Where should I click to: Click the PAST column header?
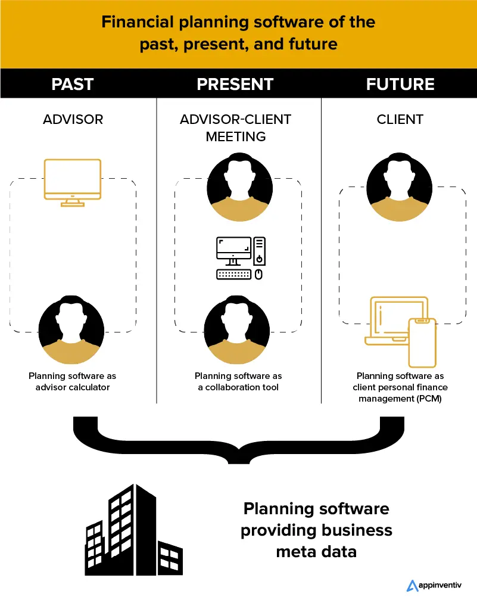[x=73, y=84]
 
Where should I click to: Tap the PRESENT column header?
[x=235, y=84]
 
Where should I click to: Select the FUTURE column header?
[x=400, y=84]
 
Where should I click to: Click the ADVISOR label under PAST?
[x=73, y=119]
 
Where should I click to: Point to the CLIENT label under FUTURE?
[x=400, y=119]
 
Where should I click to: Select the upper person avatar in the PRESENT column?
[x=239, y=186]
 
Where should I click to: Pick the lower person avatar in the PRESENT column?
[x=237, y=329]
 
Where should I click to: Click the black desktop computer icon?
[x=241, y=258]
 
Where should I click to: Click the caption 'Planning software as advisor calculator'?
[x=73, y=381]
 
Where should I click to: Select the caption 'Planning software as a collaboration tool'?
[x=238, y=381]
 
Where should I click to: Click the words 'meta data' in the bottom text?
[x=316, y=551]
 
